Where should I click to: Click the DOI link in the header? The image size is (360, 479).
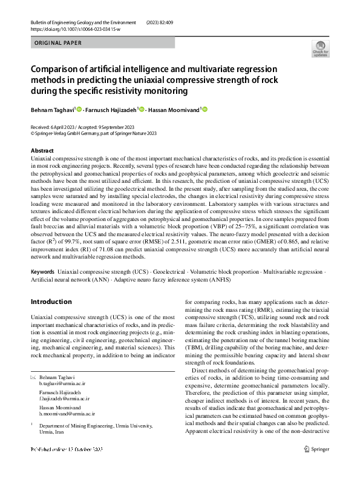coord(75,28)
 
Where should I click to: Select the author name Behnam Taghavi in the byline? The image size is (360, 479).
coord(53,110)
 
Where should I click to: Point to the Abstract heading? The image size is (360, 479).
coord(42,151)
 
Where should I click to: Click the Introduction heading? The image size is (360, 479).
coord(51,302)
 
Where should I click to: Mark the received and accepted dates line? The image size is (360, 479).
coord(88,127)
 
